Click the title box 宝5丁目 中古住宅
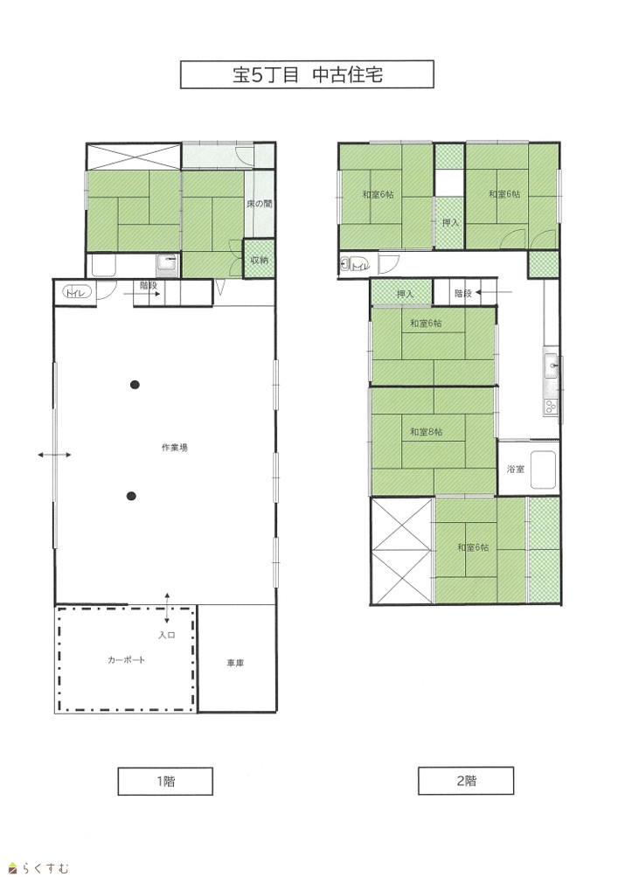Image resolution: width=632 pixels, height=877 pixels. [x=307, y=74]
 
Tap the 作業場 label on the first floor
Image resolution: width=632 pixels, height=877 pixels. [x=175, y=448]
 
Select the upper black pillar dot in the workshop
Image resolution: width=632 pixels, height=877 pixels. [x=135, y=384]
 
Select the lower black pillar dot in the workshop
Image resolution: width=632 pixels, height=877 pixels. [x=131, y=496]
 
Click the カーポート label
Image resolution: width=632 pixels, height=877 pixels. [x=127, y=660]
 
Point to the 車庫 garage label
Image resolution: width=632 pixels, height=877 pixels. [x=235, y=664]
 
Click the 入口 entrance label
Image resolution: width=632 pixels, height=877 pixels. [x=167, y=636]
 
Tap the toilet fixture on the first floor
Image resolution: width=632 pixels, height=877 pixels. [x=77, y=292]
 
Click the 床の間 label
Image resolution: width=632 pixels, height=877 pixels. [x=260, y=204]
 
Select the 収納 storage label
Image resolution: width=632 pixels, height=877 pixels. [x=259, y=260]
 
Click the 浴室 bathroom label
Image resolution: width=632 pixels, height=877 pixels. [x=515, y=469]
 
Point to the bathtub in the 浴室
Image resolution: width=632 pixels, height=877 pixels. [x=543, y=470]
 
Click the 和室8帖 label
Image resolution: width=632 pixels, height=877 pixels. [x=427, y=432]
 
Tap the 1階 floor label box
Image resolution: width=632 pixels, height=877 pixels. [x=165, y=781]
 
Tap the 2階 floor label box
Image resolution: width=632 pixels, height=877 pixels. [x=466, y=781]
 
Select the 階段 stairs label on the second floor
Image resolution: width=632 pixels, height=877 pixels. [x=463, y=293]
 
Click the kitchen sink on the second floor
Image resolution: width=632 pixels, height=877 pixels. [x=552, y=365]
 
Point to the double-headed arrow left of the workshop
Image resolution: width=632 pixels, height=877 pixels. [x=54, y=455]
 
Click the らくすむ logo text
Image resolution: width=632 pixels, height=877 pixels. [x=45, y=868]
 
